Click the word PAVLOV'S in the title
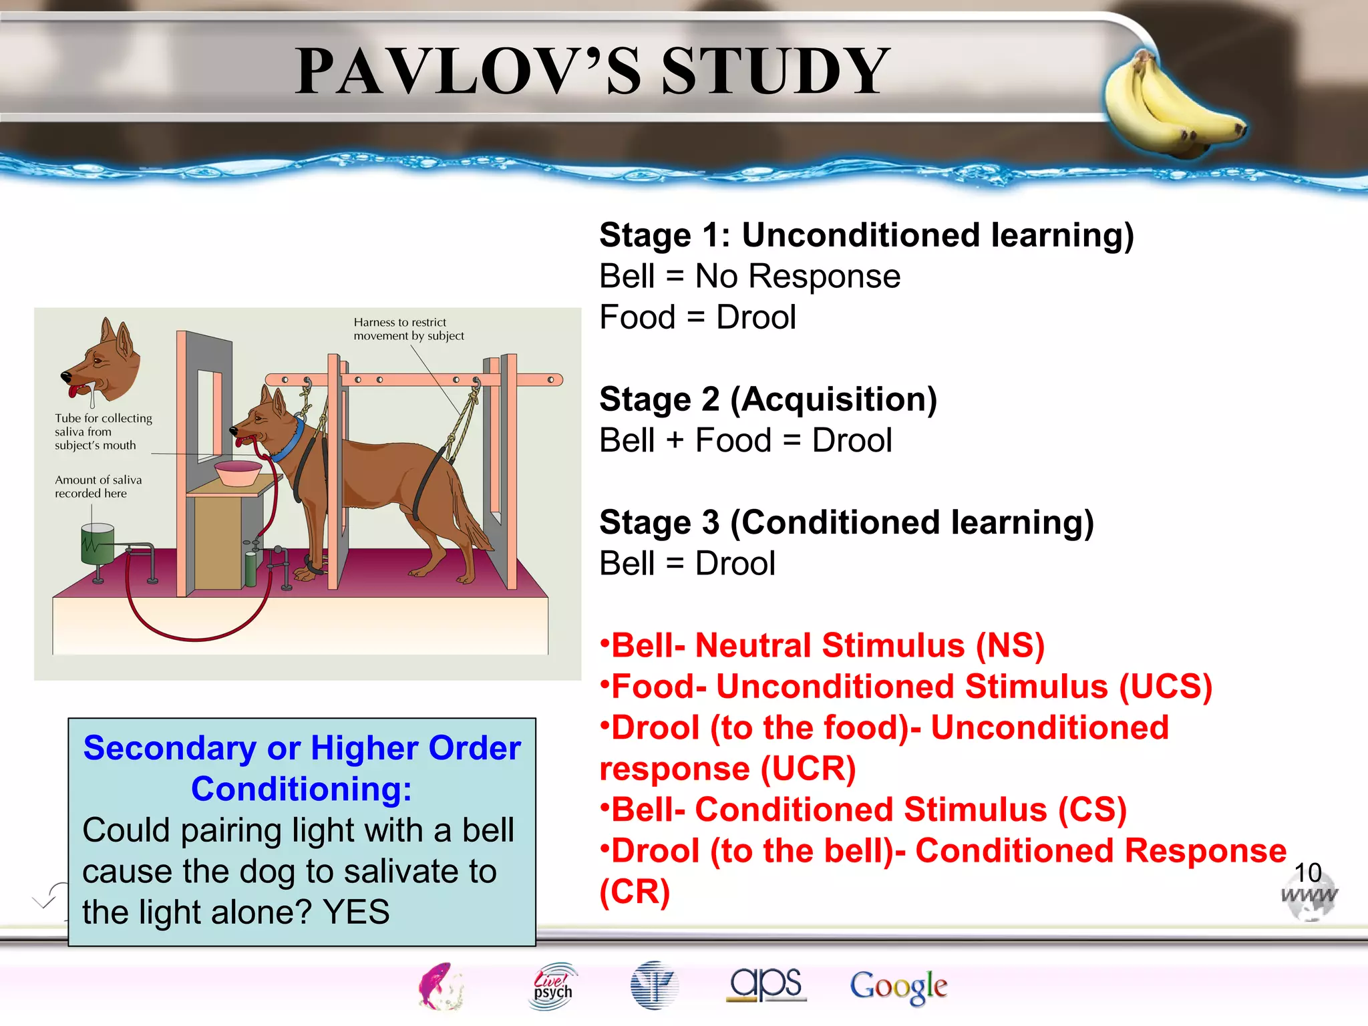pyautogui.click(x=468, y=71)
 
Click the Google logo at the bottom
pyautogui.click(x=898, y=987)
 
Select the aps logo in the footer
pyautogui.click(x=766, y=984)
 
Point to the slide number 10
pyautogui.click(x=1307, y=872)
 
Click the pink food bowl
pyautogui.click(x=238, y=472)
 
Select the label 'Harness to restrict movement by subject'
pyautogui.click(x=408, y=329)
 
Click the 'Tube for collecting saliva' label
pyautogui.click(x=103, y=432)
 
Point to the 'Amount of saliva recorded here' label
pyautogui.click(x=98, y=486)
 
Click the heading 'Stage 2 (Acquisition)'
pyautogui.click(x=768, y=399)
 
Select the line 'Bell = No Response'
pyautogui.click(x=749, y=277)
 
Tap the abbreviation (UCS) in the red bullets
pyautogui.click(x=1165, y=687)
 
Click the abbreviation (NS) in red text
pyautogui.click(x=1009, y=646)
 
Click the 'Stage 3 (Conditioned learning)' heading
pyautogui.click(x=846, y=522)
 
